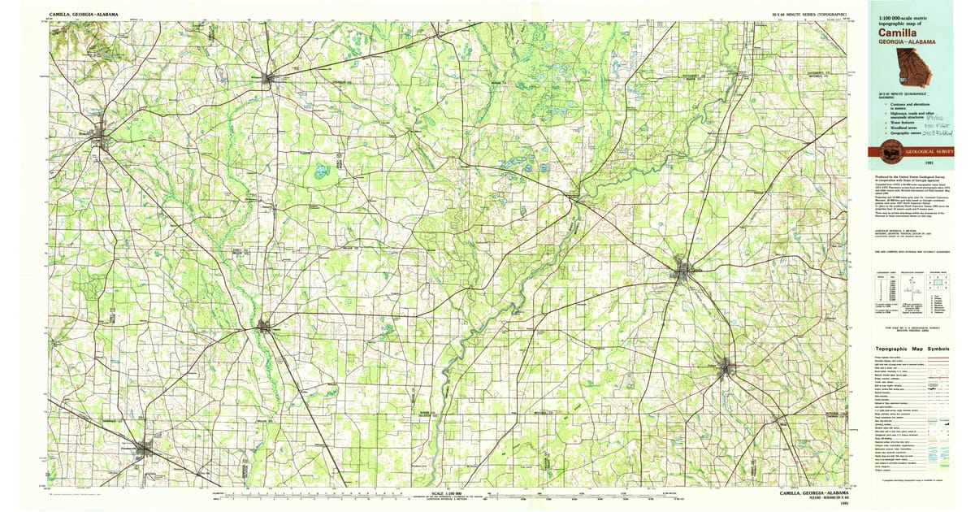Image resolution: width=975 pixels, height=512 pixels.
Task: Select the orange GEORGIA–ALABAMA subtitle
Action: pos(903,41)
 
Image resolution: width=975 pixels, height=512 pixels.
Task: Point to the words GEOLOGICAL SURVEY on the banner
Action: pos(925,151)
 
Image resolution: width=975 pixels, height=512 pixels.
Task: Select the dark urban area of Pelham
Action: pos(726,368)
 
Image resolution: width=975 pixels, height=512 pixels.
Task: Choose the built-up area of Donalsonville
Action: pos(145,449)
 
